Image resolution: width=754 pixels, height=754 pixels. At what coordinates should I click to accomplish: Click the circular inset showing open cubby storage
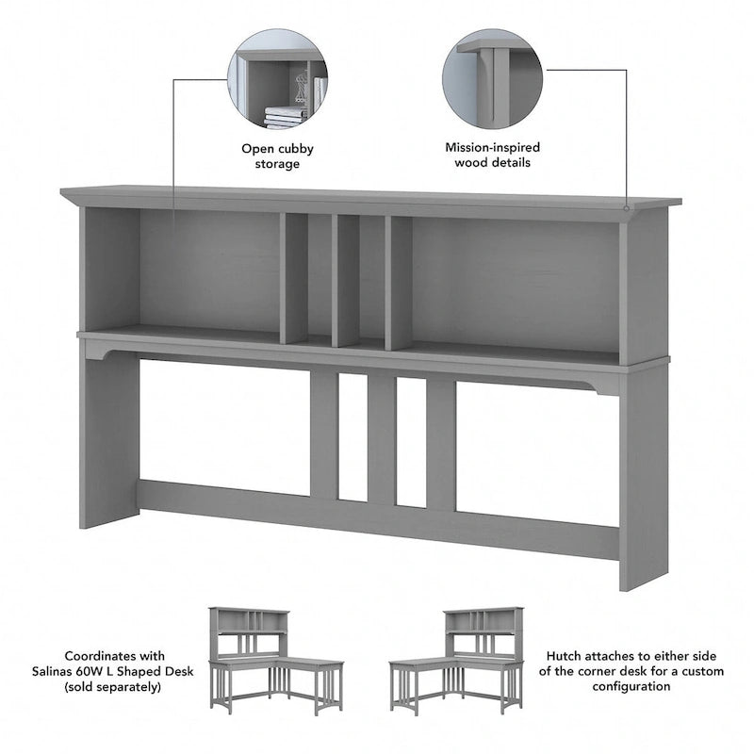277,78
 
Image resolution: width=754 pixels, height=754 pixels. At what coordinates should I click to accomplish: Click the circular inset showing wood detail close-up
492,78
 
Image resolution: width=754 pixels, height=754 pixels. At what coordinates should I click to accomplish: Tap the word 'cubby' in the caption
294,148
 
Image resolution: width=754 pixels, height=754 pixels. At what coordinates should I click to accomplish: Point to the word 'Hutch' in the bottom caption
563,655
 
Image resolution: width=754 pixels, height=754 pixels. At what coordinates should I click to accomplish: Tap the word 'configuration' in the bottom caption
632,687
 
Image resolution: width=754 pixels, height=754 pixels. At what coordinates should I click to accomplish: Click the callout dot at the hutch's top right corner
626,205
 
